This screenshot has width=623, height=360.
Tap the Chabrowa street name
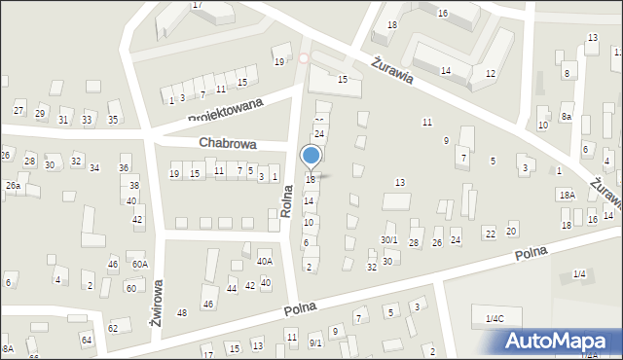[x=228, y=143]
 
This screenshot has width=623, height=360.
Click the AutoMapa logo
[x=558, y=341]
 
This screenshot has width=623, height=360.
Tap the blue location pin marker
[x=311, y=158]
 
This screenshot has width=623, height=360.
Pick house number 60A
[x=140, y=264]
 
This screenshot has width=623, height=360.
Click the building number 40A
[x=265, y=261]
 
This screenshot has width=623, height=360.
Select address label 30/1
[x=388, y=239]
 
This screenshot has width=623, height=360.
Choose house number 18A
[x=567, y=195]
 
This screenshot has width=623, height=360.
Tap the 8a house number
[x=567, y=116]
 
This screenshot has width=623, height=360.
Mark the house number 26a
[x=12, y=185]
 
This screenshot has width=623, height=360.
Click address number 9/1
[x=315, y=342]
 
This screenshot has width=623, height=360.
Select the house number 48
[x=182, y=312]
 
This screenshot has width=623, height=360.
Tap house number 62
[x=113, y=329]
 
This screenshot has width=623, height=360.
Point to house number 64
[x=87, y=340]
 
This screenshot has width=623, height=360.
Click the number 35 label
[x=113, y=120]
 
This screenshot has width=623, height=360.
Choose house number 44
[x=232, y=289]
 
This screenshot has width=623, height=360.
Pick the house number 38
[x=134, y=185]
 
